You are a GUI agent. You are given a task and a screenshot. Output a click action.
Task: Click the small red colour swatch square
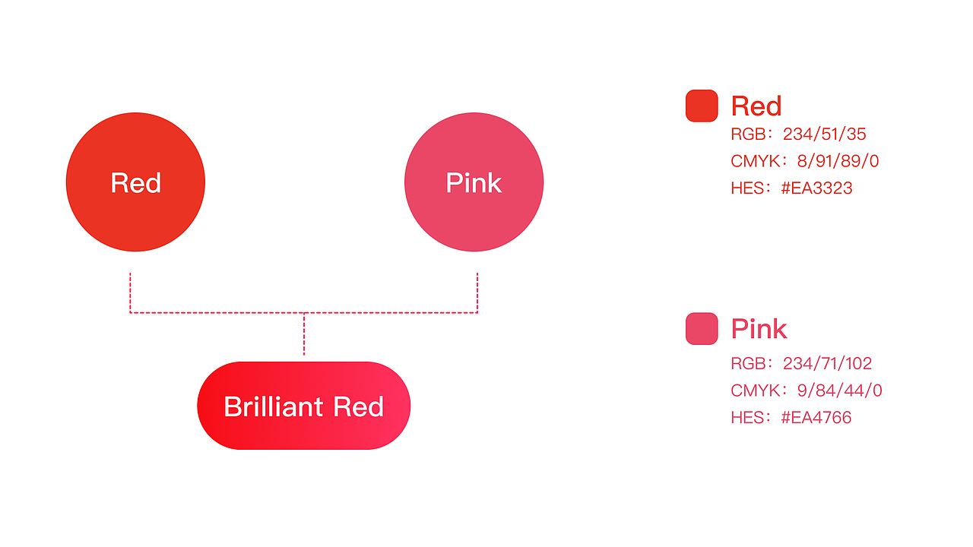click(702, 106)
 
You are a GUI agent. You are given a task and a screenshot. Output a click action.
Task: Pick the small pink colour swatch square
click(702, 328)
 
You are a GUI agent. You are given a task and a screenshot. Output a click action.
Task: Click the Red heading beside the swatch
click(756, 106)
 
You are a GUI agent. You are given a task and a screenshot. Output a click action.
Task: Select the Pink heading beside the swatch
click(759, 329)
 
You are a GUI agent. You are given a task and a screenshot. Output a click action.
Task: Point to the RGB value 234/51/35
click(825, 134)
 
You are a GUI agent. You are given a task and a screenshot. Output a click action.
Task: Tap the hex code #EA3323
click(816, 188)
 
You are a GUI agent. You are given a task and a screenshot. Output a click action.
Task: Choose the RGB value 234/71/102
click(828, 363)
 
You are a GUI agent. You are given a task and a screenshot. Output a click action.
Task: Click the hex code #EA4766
click(816, 417)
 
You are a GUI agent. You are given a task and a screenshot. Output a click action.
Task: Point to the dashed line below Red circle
click(130, 292)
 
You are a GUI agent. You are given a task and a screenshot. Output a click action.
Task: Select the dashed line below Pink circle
click(477, 292)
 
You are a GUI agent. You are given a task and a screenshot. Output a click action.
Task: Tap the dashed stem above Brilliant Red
click(304, 334)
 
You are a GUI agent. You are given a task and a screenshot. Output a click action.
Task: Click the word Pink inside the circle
click(474, 183)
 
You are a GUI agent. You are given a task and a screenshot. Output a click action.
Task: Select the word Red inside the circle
click(135, 183)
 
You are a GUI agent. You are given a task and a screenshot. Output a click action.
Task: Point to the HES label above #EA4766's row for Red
click(747, 188)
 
